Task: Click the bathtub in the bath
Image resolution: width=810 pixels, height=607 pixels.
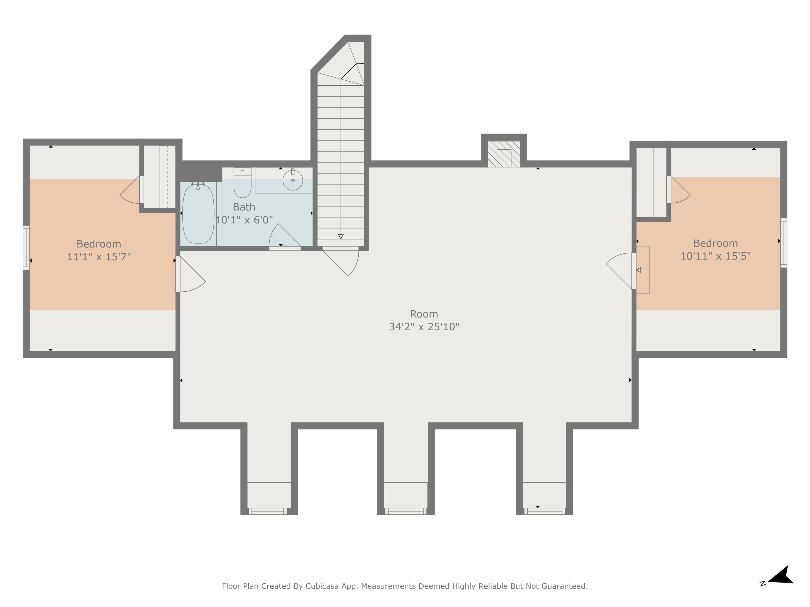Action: (198, 214)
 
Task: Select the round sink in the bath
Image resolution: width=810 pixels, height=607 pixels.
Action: (293, 180)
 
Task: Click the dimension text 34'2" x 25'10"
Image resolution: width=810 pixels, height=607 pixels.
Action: (424, 326)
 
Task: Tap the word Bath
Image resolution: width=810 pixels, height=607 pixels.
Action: (244, 207)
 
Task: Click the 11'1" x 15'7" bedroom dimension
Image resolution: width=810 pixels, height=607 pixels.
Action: (99, 257)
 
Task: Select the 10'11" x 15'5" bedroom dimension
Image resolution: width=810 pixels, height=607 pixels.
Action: (716, 256)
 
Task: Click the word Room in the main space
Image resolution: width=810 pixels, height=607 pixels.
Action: (424, 314)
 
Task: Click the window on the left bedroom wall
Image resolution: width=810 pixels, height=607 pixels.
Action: (26, 248)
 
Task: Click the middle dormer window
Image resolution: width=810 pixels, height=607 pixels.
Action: (406, 511)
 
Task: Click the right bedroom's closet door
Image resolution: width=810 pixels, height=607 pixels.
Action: (678, 189)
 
